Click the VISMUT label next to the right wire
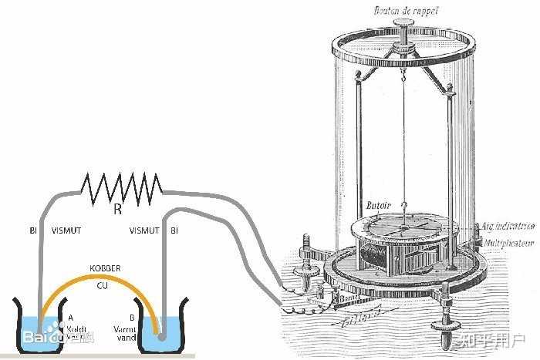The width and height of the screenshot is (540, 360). coord(144,230)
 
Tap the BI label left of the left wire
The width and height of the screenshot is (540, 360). coord(32,230)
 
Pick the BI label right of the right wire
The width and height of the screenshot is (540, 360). coord(174,230)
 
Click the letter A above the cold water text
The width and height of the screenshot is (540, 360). coord(70,316)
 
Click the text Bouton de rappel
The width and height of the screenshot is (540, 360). coord(403,10)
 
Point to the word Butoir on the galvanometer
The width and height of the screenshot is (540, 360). coord(380,204)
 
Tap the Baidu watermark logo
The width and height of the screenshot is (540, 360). coord(46,337)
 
